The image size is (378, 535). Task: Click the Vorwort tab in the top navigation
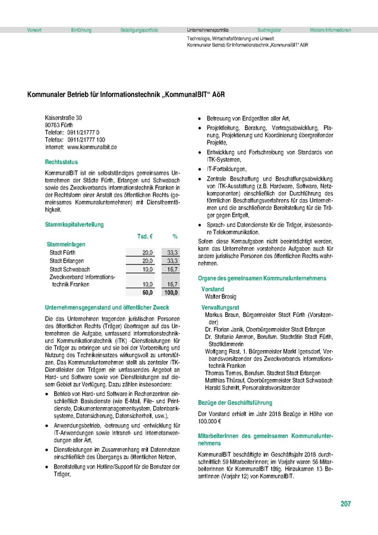[34, 29]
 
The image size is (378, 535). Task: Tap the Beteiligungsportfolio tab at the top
[139, 29]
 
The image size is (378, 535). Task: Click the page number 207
[345, 504]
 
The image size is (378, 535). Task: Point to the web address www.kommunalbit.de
[92, 146]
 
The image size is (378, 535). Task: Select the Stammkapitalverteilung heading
[74, 225]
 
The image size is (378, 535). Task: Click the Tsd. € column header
[146, 236]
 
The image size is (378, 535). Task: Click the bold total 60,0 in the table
[147, 293]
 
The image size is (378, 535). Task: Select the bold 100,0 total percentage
[171, 293]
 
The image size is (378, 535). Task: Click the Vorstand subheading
[213, 288]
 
